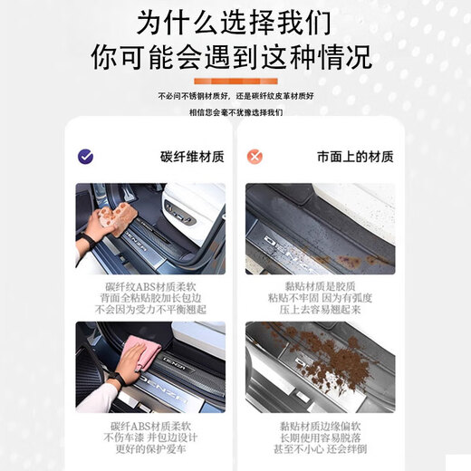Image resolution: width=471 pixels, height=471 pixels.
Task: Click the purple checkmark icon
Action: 86,156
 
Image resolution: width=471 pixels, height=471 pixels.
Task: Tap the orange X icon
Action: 256,156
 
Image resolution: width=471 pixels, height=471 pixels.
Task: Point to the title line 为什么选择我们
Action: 235,21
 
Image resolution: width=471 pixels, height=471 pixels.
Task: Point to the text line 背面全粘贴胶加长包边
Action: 150,296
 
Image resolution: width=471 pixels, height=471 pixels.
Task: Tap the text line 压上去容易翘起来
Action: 320,309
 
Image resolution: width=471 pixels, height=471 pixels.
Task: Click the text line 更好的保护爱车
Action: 150,447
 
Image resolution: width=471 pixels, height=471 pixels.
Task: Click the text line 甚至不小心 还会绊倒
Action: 320,447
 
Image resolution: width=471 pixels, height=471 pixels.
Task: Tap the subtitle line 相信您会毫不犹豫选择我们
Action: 235,112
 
